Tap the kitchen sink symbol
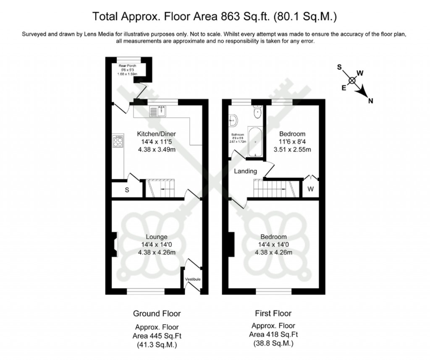coord(159,111)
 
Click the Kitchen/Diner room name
coord(156,134)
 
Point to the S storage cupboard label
coord(127,190)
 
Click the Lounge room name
coord(156,237)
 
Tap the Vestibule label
coord(193,279)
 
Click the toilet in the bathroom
coord(257,112)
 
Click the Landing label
coord(245,171)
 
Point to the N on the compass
coord(371,101)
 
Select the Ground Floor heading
coord(157,313)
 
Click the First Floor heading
coord(273,313)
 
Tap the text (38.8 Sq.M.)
coord(273,343)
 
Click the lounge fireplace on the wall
coord(114,244)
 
